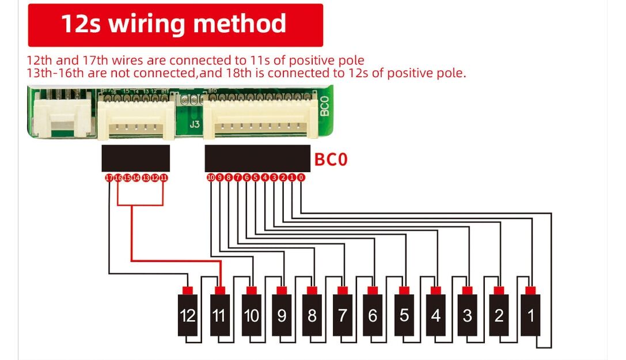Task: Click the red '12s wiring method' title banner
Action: tap(175, 25)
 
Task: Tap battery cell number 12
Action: tap(188, 316)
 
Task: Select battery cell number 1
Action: tap(530, 316)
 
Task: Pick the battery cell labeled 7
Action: tap(343, 316)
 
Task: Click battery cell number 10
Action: tap(251, 316)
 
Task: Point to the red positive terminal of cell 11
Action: tap(219, 290)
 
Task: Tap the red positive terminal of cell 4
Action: tap(436, 290)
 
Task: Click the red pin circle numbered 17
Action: tap(109, 178)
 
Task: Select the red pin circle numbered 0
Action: tap(301, 178)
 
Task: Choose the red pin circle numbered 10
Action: tap(211, 178)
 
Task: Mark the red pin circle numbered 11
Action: tap(164, 178)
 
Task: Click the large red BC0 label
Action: tap(331, 159)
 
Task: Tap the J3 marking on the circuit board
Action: tap(195, 124)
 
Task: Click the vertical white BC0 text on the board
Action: tap(324, 107)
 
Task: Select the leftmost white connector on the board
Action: tap(63, 118)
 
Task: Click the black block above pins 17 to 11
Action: tap(135, 158)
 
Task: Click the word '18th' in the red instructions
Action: tap(236, 73)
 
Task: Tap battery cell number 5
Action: tap(404, 316)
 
